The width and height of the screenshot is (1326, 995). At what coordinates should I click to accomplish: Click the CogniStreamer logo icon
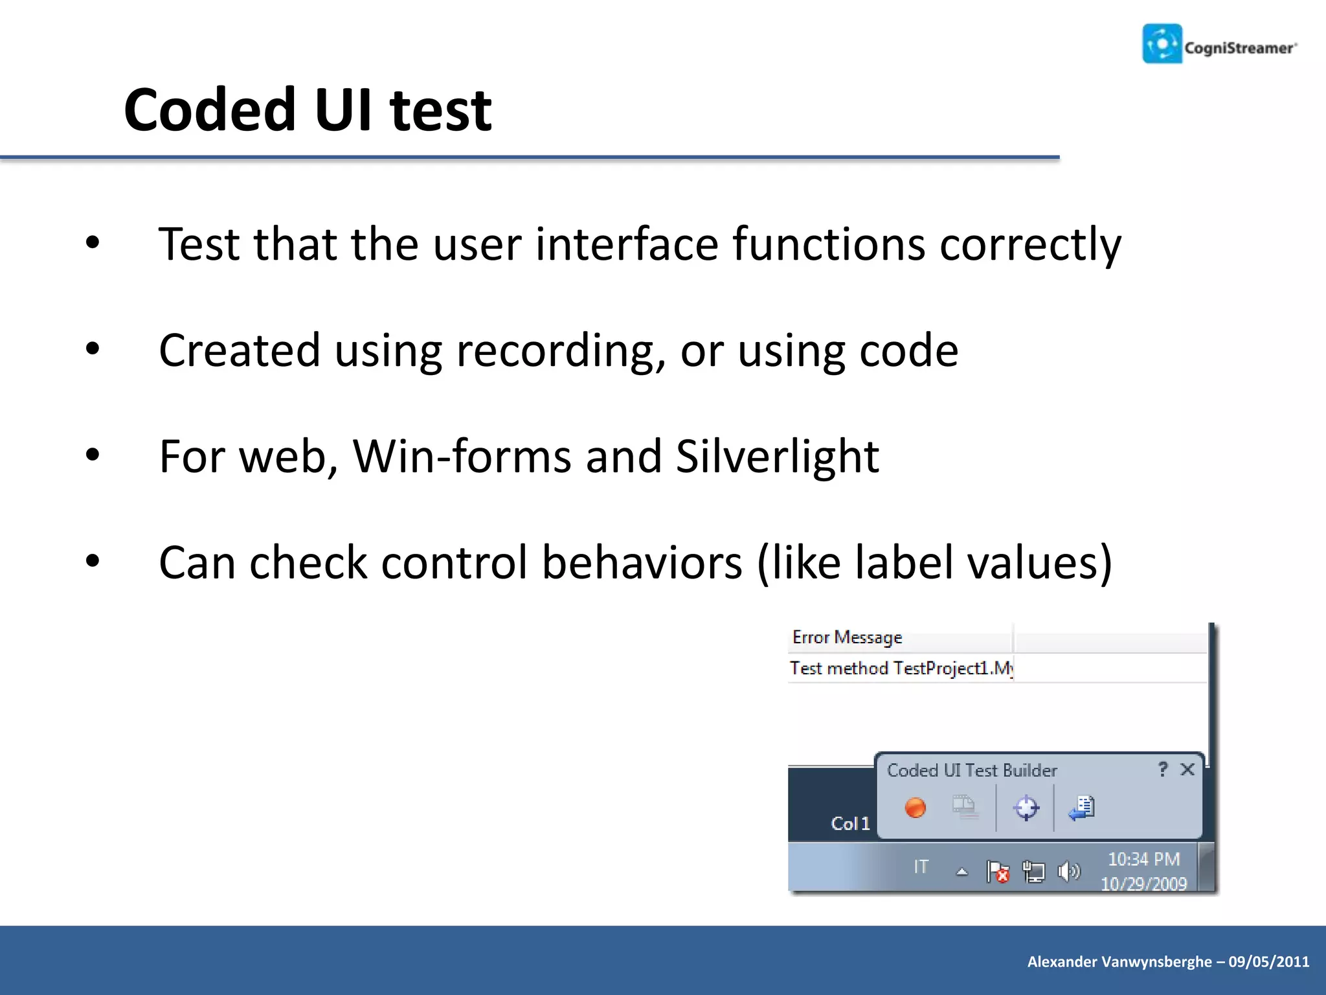1162,43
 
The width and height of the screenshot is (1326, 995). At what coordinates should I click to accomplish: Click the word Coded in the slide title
210,110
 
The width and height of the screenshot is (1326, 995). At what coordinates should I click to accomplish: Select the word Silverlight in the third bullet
777,456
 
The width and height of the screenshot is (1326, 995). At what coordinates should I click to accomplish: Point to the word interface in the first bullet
627,244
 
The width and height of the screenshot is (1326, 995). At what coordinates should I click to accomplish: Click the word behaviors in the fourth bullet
641,562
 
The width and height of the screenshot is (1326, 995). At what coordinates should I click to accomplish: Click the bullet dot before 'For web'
93,455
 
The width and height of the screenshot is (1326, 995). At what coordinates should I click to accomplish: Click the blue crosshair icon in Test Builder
1026,808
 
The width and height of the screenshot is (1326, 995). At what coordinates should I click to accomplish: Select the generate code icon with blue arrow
1081,808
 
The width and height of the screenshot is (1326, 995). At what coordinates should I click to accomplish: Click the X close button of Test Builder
1187,770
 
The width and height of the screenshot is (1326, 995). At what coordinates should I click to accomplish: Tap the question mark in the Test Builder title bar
1163,769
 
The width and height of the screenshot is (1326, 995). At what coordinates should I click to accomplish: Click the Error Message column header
847,637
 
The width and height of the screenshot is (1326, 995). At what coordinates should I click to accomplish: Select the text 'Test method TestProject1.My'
901,668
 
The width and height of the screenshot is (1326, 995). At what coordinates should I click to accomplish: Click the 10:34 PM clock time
1143,859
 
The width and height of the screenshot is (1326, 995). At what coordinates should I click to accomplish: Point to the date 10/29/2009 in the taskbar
1143,884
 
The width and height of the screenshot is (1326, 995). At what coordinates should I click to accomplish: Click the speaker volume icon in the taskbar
1068,872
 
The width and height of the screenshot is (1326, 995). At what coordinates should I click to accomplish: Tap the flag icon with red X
997,872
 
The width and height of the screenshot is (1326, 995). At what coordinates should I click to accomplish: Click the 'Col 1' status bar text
850,823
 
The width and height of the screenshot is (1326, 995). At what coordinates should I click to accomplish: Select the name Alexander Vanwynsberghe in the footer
1119,961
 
